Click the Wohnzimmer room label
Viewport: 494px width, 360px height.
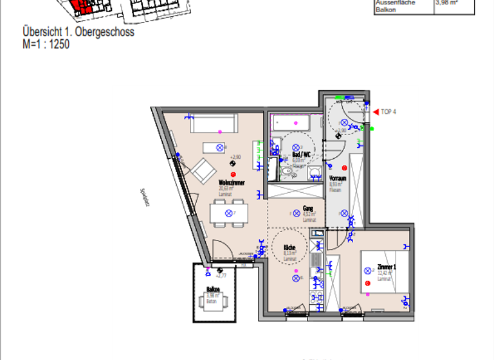(230, 183)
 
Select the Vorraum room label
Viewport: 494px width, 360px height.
(338, 178)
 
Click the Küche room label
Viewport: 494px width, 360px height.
(289, 248)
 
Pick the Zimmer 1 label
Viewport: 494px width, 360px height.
(387, 267)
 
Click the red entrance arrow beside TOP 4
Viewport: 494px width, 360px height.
(376, 112)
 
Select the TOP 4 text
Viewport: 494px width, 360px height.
(389, 112)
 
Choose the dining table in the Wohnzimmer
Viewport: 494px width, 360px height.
(228, 213)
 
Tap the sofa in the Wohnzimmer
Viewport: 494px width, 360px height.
(214, 123)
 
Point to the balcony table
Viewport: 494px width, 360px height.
(212, 301)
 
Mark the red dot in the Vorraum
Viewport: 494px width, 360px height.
(344, 168)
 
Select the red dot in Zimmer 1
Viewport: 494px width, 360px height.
(367, 283)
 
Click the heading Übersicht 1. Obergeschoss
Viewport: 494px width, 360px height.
(78, 32)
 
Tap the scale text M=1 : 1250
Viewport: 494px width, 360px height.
(46, 44)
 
